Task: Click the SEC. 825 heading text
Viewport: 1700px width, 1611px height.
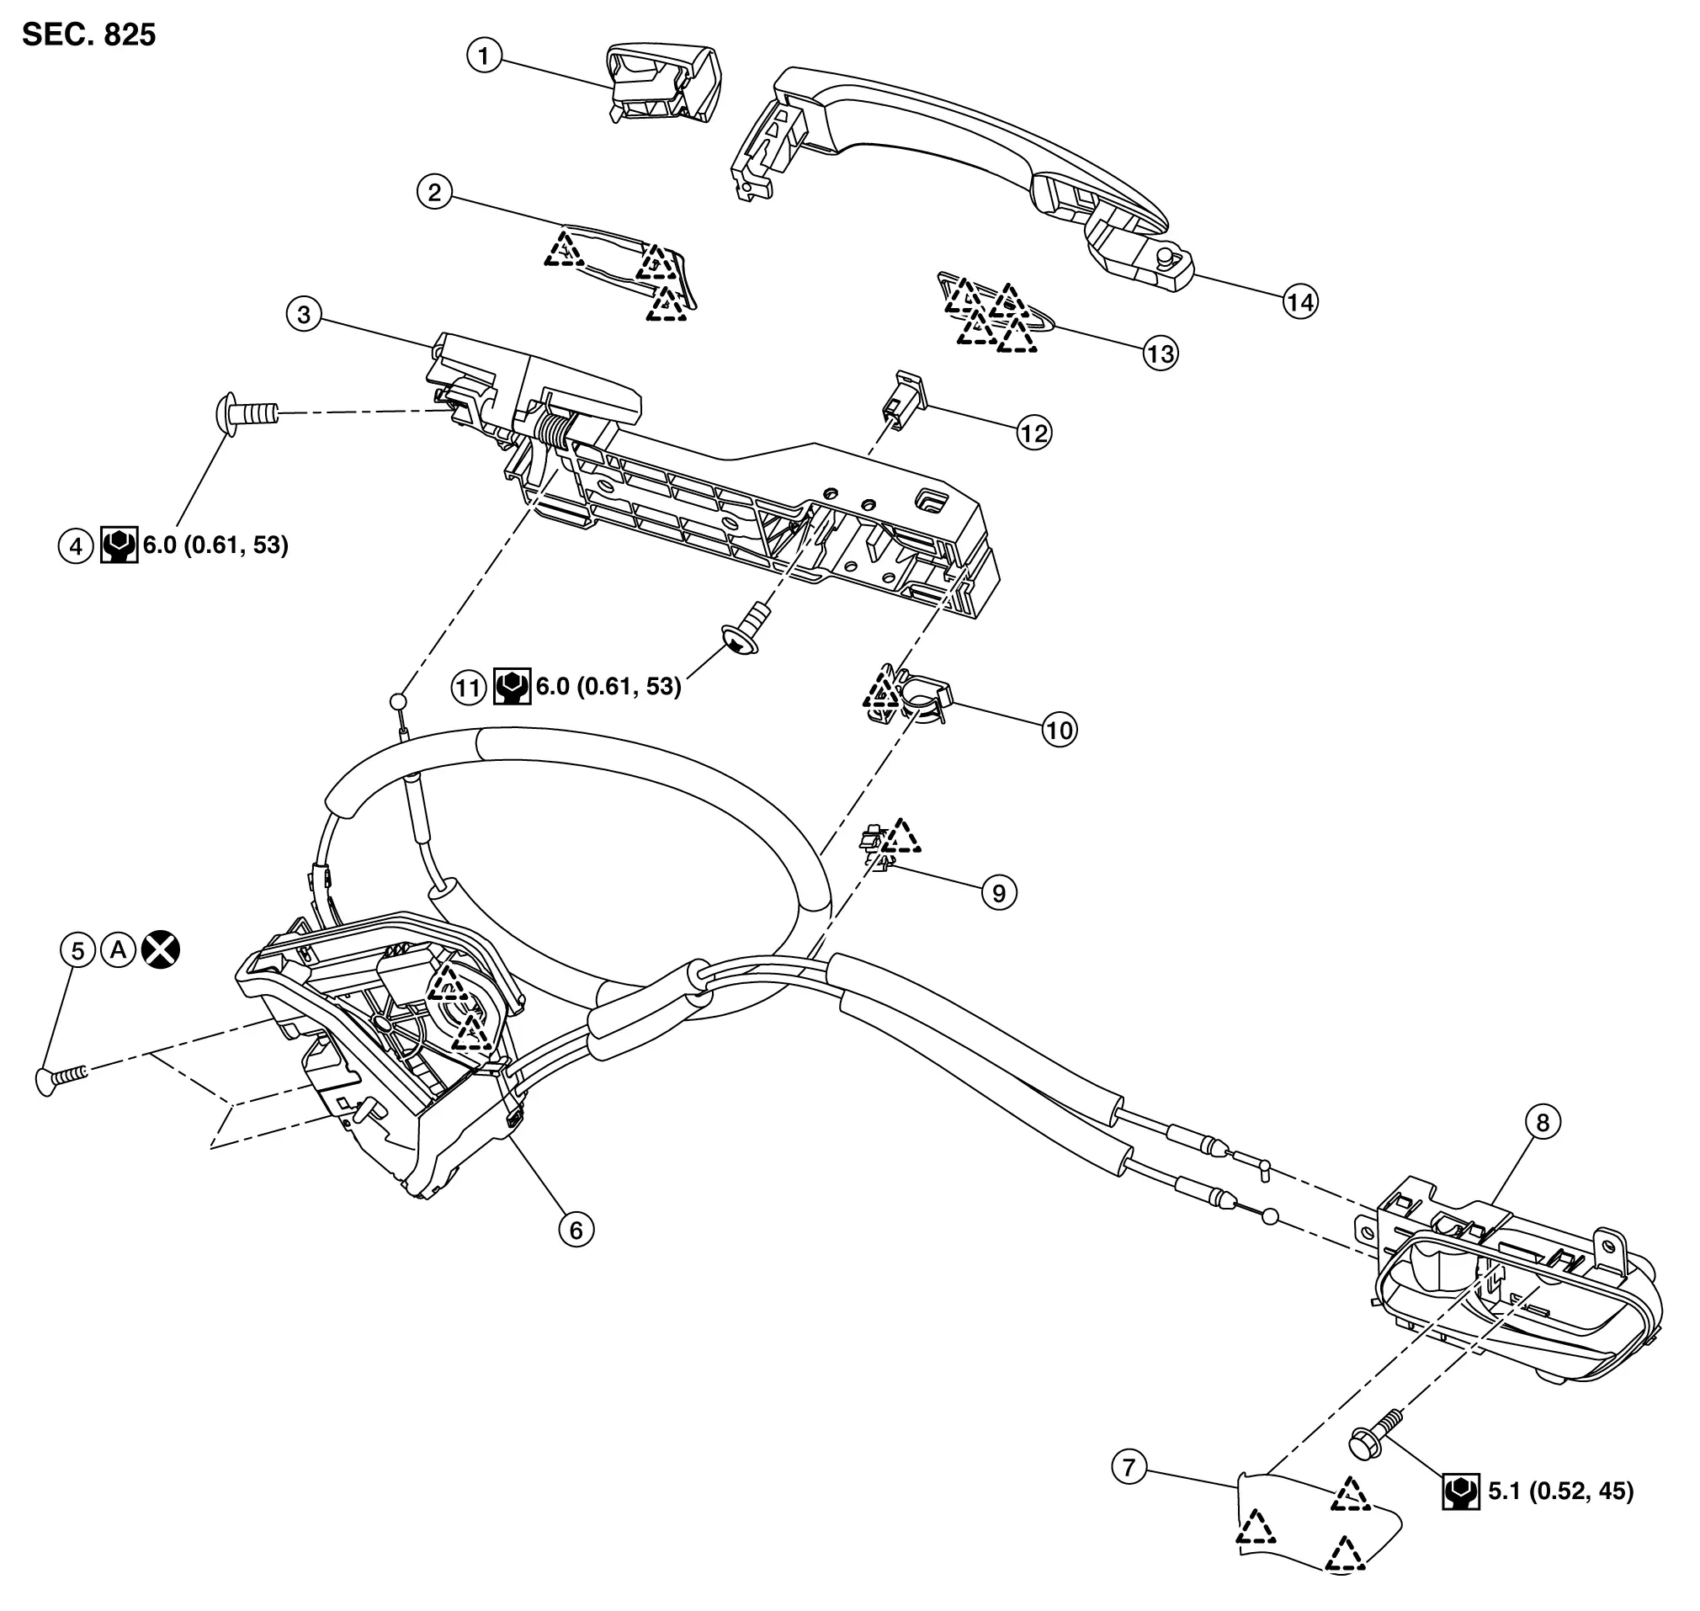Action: coord(89,35)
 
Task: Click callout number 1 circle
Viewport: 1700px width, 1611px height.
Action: coord(484,56)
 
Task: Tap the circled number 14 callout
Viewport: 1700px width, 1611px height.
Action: coord(1300,301)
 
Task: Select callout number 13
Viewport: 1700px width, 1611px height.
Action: coord(1161,353)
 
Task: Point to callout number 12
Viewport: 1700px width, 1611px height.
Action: coord(1033,433)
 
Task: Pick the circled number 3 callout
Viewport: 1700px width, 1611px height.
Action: coord(304,314)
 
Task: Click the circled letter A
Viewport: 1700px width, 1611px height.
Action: coord(120,949)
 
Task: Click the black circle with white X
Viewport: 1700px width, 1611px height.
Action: coord(162,949)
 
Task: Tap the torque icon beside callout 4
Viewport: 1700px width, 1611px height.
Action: coord(120,545)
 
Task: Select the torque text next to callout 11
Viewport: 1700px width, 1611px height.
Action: coord(608,686)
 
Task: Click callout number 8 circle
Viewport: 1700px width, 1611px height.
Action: coord(1543,1122)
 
